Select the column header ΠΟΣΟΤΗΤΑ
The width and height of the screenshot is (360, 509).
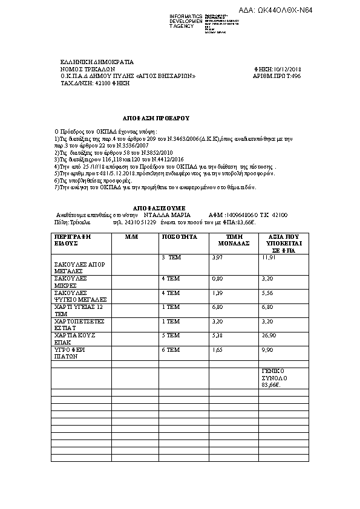click(180, 237)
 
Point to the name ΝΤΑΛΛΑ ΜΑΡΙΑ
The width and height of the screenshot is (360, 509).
click(167, 215)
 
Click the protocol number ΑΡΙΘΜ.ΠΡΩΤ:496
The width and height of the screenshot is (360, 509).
click(277, 77)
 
